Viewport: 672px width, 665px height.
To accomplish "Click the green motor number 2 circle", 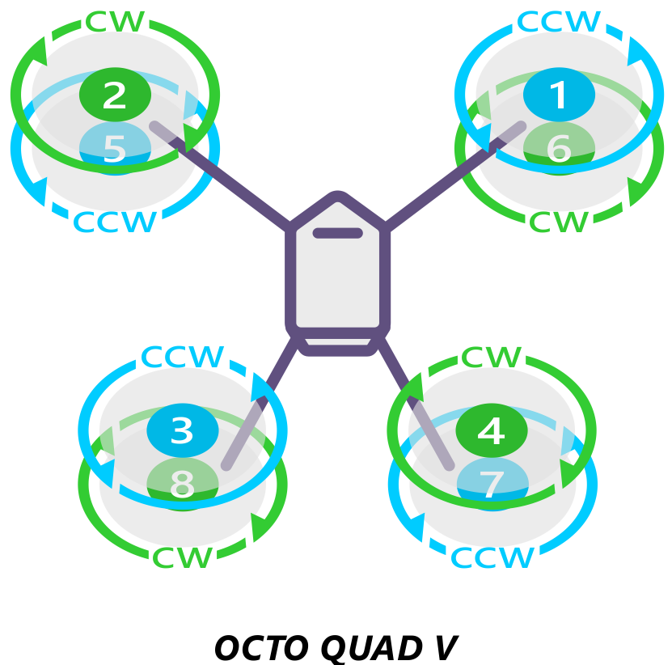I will tap(115, 95).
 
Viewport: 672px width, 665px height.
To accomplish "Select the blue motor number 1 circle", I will tap(559, 95).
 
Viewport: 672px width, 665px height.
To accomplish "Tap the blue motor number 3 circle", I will tap(182, 430).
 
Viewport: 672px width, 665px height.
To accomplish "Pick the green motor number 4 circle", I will tap(492, 430).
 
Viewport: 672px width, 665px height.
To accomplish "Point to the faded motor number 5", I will tap(115, 150).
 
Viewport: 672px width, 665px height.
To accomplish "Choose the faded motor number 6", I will tap(559, 150).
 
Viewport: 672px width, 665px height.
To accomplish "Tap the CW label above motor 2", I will tap(116, 22).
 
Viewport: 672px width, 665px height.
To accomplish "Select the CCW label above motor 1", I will tap(560, 22).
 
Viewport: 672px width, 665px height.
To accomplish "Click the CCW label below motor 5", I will tap(115, 222).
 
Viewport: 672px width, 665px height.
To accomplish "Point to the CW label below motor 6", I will tap(560, 222).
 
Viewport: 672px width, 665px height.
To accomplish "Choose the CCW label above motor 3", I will tap(183, 357).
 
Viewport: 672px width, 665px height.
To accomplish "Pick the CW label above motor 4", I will tap(492, 357).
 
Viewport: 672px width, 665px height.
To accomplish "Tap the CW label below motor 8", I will tap(183, 557).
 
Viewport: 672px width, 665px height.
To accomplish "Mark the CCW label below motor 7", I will tap(492, 557).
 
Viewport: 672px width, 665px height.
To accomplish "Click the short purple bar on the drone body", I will tap(338, 234).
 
